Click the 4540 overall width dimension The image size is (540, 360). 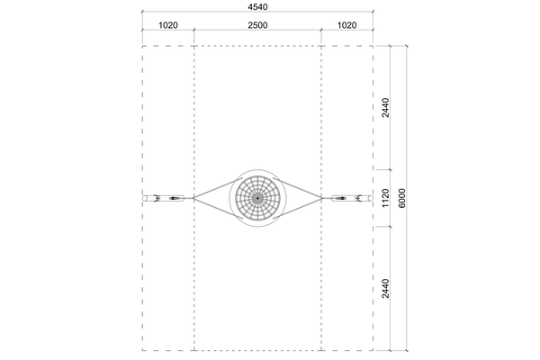257,7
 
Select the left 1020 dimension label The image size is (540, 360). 168,25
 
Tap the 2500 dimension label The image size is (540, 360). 257,25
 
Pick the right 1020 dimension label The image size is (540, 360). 346,25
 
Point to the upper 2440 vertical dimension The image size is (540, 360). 385,108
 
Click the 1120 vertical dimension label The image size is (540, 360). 385,198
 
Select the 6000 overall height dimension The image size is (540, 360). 402,198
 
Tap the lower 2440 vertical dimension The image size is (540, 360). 385,288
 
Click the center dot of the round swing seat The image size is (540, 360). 257,198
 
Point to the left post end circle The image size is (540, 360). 145,198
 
